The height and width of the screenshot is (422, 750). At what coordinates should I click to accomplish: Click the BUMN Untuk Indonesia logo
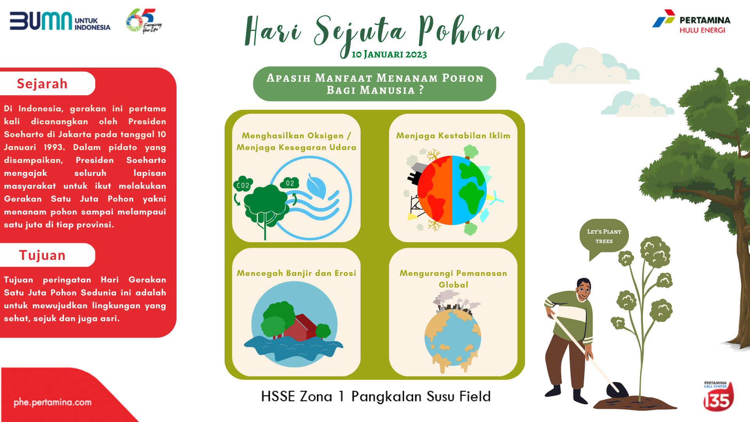click(60, 21)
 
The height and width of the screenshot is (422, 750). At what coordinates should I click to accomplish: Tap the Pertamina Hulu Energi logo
click(691, 21)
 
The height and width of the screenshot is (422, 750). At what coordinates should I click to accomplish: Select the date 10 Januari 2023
click(389, 54)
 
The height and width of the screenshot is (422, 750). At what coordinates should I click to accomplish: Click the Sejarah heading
click(42, 84)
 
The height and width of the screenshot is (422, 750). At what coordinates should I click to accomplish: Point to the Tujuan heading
click(42, 255)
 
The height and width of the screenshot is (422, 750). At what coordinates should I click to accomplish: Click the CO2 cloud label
click(243, 185)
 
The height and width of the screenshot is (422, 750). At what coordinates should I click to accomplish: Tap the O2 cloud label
click(290, 183)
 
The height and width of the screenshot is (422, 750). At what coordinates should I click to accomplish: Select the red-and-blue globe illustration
click(452, 190)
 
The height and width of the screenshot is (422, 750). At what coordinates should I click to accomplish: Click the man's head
click(584, 289)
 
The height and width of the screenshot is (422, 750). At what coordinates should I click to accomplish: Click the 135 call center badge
click(718, 397)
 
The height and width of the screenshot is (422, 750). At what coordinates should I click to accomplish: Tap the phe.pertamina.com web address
click(53, 402)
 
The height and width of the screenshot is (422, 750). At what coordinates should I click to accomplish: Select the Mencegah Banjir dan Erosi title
click(296, 273)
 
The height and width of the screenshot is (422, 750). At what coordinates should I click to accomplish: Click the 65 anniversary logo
click(143, 21)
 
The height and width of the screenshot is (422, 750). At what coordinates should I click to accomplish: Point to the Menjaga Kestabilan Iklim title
click(453, 136)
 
